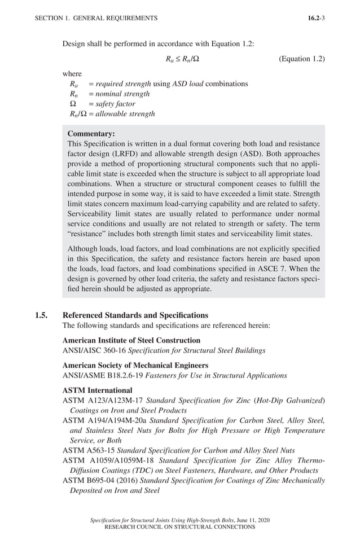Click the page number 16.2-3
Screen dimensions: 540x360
316,18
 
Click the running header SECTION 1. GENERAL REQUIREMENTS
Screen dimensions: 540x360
96,18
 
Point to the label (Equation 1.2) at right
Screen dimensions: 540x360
302,59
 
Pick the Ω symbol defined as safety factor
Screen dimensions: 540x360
71,104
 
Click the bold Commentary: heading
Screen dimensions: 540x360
91,134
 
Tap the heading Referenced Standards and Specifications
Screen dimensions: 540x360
135,315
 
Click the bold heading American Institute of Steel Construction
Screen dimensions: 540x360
131,340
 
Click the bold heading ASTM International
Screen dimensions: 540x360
98,390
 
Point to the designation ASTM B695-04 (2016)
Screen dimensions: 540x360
100,481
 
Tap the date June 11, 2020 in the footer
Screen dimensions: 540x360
251,520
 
